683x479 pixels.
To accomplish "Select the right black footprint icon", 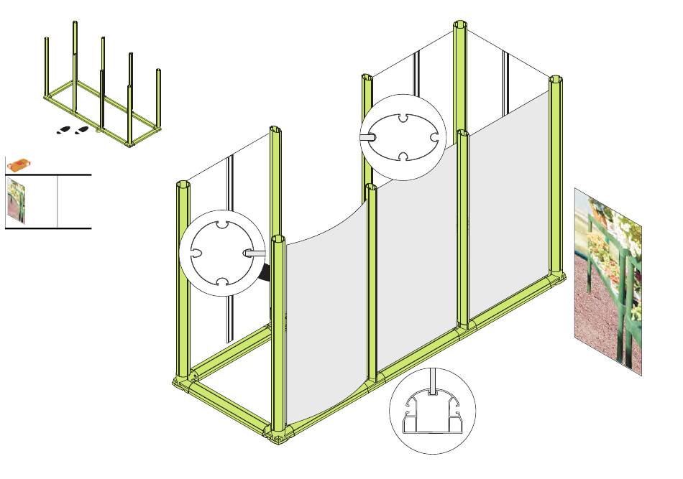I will pyautogui.click(x=83, y=130).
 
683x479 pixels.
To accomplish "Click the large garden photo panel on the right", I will pyautogui.click(x=608, y=280).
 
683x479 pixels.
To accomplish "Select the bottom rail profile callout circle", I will pyautogui.click(x=432, y=411).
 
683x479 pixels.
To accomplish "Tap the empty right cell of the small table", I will pyautogui.click(x=74, y=201).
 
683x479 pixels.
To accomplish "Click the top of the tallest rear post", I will pyautogui.click(x=460, y=27).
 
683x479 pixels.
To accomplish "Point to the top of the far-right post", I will pyautogui.click(x=555, y=79).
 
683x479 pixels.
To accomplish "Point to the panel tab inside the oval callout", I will pyautogui.click(x=367, y=135).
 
